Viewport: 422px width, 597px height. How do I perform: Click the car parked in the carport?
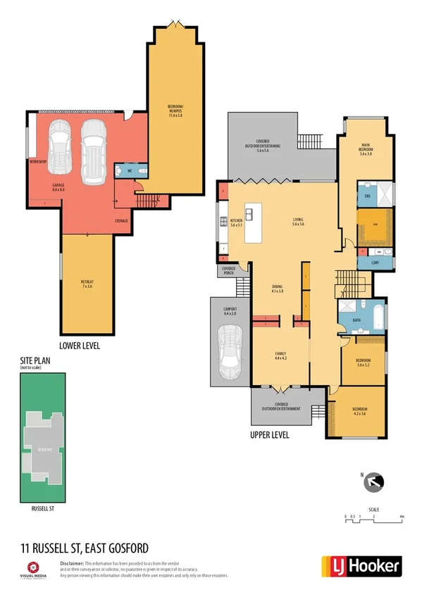(230, 351)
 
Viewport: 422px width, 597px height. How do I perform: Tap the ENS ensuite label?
(366, 195)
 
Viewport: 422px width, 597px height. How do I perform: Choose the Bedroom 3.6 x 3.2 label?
(362, 362)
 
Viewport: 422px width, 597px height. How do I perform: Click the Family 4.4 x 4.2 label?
(280, 356)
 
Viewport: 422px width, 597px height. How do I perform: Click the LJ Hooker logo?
(361, 565)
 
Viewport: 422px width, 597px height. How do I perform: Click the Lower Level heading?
(80, 346)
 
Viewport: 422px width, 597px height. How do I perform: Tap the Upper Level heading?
(270, 435)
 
